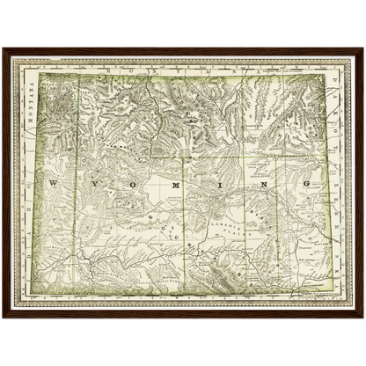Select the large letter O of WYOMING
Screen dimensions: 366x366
pyautogui.click(x=135, y=185)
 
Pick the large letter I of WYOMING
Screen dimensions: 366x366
pyautogui.click(x=216, y=185)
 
